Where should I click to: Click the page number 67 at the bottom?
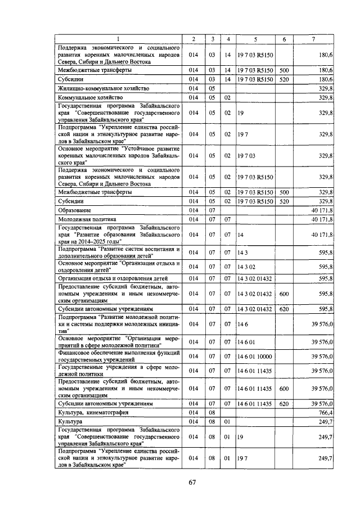point(192,483)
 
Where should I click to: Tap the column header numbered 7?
point(314,39)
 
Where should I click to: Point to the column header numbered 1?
point(119,39)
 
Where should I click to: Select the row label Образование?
point(74,210)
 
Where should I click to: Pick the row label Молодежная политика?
point(87,219)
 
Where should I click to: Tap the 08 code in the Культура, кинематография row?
point(213,412)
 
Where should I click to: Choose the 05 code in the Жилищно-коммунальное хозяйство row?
point(213,88)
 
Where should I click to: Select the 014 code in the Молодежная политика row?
point(193,219)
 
